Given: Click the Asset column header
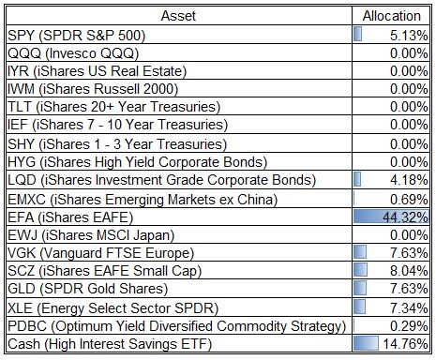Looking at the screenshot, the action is tap(178, 16).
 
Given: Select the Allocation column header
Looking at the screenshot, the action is tap(391, 16).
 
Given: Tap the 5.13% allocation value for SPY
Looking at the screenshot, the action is tap(409, 36).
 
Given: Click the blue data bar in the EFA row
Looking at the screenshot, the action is tap(391, 217).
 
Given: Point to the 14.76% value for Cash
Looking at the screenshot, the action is tap(405, 344).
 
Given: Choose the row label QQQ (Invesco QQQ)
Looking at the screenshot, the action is tap(73, 53).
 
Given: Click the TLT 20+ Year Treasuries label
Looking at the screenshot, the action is tap(114, 107).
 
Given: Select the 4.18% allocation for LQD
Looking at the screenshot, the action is tap(409, 180).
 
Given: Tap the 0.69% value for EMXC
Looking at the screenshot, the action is tap(409, 200).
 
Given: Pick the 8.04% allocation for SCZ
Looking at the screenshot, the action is tap(409, 271).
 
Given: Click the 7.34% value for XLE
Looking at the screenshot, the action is tap(409, 308).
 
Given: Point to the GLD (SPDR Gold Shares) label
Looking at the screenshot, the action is tap(88, 289).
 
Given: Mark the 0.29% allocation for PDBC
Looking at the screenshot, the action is tap(409, 326).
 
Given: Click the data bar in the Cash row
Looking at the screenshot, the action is tap(366, 343).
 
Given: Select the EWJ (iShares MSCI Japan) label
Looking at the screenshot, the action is tap(91, 235).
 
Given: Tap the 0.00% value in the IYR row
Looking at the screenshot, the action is tap(409, 71).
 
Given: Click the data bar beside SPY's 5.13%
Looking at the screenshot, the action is tap(358, 34).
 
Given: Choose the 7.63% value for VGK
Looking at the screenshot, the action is tap(409, 253).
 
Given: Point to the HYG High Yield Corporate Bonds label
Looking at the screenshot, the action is tap(138, 162).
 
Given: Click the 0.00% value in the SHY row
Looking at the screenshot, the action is tap(409, 144).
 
